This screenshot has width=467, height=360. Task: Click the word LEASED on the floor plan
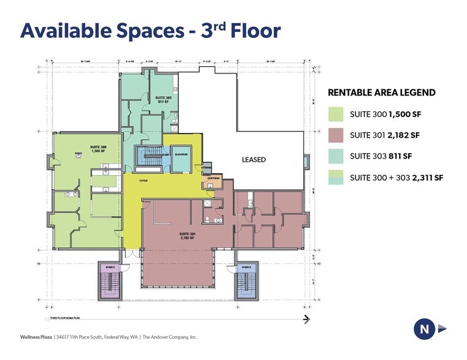[x=254, y=160]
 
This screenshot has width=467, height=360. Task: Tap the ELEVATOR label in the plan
[x=180, y=155]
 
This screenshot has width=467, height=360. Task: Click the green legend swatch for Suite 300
[x=335, y=114]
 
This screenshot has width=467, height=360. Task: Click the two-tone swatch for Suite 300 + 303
[x=335, y=178]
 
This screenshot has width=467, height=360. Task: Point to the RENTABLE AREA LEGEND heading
[x=382, y=93]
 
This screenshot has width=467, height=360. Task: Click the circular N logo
[x=423, y=329]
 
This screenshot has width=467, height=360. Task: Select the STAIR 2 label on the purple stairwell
[x=109, y=268]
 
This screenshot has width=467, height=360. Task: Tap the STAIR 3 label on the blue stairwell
[x=246, y=268]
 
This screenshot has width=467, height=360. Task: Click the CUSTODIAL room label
[x=214, y=178]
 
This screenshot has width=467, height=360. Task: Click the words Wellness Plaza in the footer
[x=36, y=337]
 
